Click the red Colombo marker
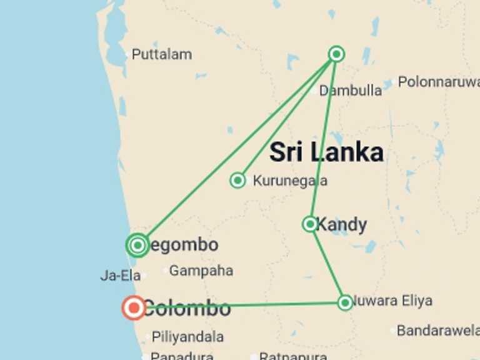coord(134,307)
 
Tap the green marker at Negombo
coord(137,245)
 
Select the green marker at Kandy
coord(310,224)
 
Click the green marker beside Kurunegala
coord(237,181)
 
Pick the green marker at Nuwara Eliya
coord(345,302)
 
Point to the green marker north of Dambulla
coord(336,54)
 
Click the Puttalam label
coord(162,54)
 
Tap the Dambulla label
coord(351,91)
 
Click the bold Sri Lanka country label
coord(326,152)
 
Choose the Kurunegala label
coord(290,181)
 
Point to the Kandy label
coord(342,224)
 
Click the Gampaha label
coord(201,271)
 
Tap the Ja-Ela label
coord(119,275)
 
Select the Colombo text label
coord(187,308)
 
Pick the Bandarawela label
coord(437,330)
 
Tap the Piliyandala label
coord(187,336)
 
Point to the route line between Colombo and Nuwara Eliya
coord(281,304)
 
